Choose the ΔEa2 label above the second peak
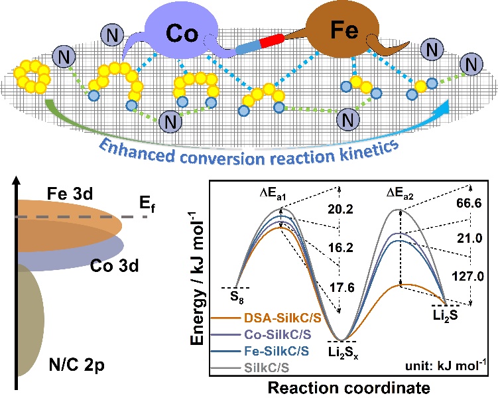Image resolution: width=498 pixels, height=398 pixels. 400,192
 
